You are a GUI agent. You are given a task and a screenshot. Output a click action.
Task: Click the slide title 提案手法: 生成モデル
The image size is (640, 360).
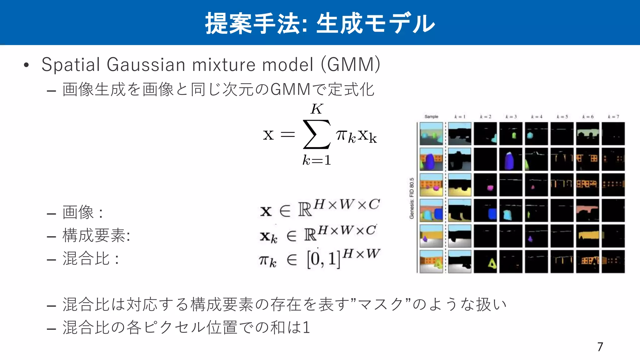coord(320,23)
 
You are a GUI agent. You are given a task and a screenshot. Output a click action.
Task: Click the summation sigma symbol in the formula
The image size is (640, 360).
coord(316,134)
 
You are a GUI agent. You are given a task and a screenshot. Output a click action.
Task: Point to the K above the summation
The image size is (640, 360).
coord(317,109)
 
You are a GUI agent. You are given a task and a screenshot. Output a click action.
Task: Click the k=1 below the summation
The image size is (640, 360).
coord(316,160)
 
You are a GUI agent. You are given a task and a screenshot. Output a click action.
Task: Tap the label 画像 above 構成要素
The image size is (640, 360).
coord(78,212)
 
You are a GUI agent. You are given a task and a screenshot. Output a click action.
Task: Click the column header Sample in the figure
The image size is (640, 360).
coord(431,117)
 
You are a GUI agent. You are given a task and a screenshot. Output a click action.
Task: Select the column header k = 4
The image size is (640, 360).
coord(537,117)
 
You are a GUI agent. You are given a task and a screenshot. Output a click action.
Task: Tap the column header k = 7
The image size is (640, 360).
coord(613,117)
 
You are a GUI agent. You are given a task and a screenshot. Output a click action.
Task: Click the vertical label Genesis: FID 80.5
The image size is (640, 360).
coord(412,198)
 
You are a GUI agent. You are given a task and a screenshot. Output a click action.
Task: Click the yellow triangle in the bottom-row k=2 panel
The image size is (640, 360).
coord(492,264)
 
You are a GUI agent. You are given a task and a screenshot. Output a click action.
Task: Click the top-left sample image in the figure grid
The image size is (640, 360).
coord(431,134)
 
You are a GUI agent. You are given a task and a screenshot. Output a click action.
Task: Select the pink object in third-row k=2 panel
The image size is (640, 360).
coord(490,188)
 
